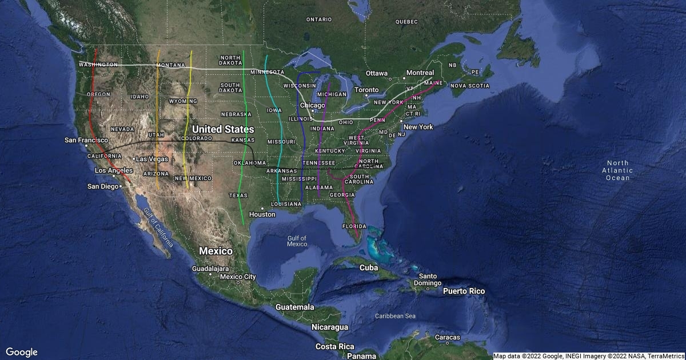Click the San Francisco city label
[x=86, y=140]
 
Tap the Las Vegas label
[x=150, y=159]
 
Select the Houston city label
[x=262, y=214]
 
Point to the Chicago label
[x=312, y=106]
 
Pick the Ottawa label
[x=377, y=73]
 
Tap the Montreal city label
[x=420, y=73]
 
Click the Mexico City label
[x=238, y=277]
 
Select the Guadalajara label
[x=211, y=269]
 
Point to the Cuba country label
[x=369, y=267]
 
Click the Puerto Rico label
[x=464, y=291]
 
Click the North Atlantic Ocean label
[x=617, y=170]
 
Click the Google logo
[x=22, y=352]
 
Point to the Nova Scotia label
[x=470, y=86]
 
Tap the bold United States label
[x=223, y=130]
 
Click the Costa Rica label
[x=334, y=346]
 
